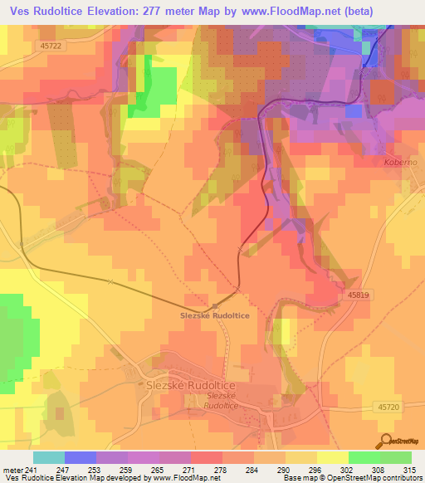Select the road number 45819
click(x=359, y=294)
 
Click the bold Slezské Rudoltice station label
click(x=215, y=315)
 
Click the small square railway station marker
click(x=216, y=305)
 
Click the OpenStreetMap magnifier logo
click(x=387, y=439)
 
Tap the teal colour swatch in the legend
click(x=49, y=457)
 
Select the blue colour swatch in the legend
click(x=81, y=457)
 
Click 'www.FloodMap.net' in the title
click(x=291, y=12)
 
